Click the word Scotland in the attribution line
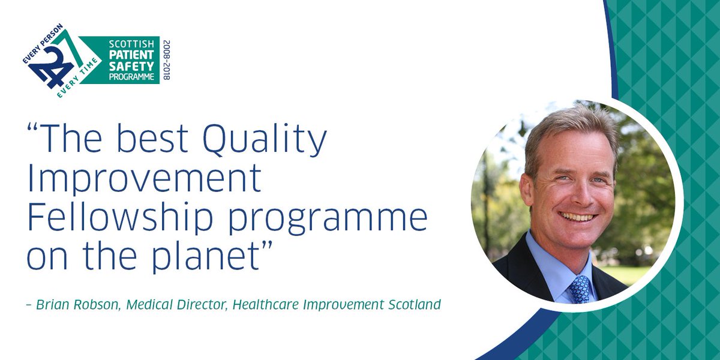tap(413, 305)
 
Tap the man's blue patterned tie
tap(579, 289)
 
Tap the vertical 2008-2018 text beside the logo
tap(166, 60)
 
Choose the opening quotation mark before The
tap(35, 128)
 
